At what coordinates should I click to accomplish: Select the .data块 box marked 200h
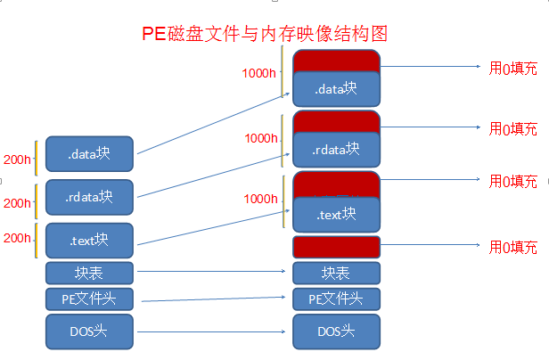coord(89,154)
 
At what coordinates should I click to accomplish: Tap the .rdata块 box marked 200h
coord(89,197)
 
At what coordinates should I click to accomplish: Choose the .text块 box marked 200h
coord(89,241)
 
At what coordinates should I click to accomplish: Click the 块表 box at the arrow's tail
coord(89,273)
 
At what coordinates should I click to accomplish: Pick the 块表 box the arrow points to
coord(336,273)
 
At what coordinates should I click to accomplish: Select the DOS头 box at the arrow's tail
coord(89,331)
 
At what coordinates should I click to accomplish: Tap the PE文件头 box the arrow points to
coord(336,299)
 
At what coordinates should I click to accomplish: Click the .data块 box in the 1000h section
coord(336,89)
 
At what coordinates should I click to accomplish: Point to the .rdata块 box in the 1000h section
coord(336,149)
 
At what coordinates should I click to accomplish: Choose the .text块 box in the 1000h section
coord(336,215)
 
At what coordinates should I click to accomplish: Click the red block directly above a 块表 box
coord(336,247)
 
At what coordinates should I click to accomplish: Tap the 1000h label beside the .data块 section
coord(259,73)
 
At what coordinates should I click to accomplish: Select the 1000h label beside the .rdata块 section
coord(261,138)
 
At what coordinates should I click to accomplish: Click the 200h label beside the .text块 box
coord(17,239)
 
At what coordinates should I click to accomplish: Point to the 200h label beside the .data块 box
coord(17,160)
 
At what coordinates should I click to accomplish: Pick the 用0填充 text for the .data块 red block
coord(513,67)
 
